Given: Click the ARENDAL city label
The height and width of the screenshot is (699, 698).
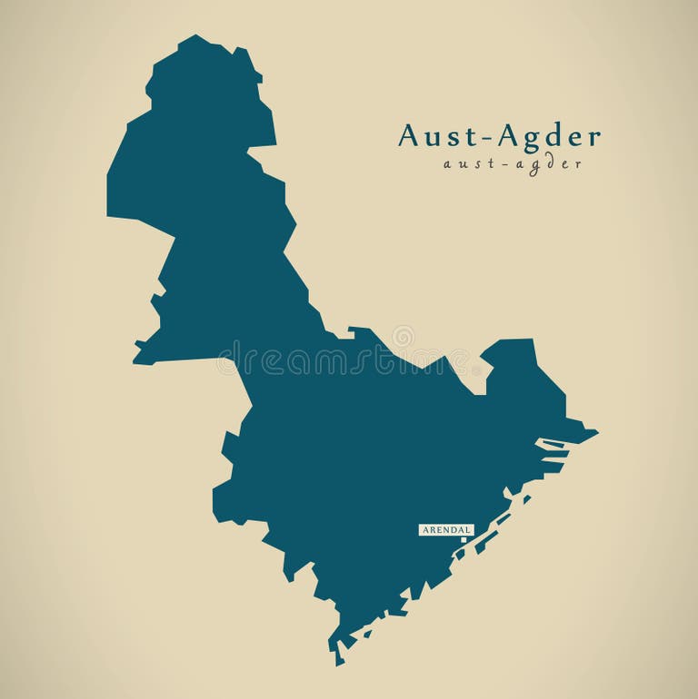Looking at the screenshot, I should coord(445,529).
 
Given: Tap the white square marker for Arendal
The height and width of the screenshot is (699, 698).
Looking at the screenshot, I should coord(464,539).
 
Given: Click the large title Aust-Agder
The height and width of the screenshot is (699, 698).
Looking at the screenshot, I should coord(499,137).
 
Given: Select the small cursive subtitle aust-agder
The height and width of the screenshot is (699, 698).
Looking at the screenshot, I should coord(512,164).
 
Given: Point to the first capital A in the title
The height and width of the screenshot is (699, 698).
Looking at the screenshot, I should coord(410,136).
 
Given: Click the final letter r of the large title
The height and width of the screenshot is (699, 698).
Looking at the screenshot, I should coord(593,139).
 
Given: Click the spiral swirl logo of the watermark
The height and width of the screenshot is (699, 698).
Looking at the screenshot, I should coord(403,337).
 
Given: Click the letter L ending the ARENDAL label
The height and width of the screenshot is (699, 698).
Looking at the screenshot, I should coord(468,529).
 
